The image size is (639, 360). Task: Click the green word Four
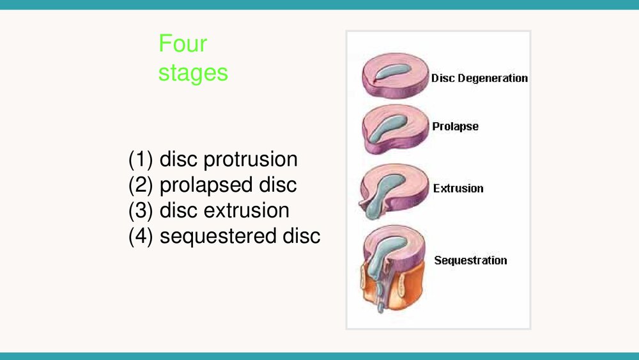point(183,43)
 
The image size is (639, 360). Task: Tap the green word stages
point(193,73)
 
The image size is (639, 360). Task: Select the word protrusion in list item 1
point(250,159)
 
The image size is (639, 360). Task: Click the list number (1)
point(141,159)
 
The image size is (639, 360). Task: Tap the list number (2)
point(141,185)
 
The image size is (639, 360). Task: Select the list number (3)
point(141,211)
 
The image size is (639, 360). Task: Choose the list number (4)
point(141,237)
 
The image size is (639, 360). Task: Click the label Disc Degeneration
point(479,78)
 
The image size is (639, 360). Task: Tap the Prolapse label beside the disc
point(455,127)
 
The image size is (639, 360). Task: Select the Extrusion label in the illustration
point(458,189)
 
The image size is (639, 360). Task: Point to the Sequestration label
point(470,260)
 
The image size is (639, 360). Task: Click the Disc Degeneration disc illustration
point(396,76)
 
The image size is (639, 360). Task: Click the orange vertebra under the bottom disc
point(408,285)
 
